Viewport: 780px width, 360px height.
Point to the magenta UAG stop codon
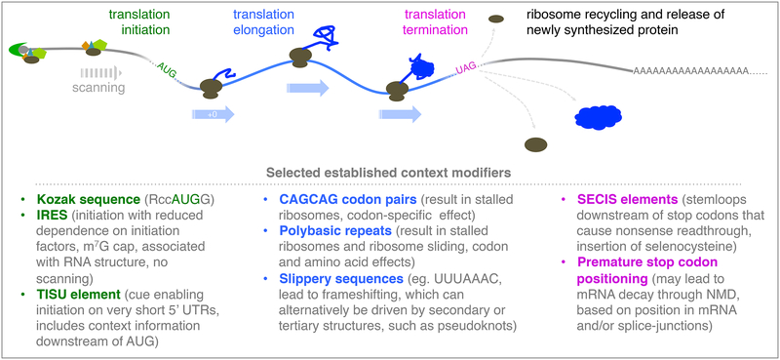(x=469, y=69)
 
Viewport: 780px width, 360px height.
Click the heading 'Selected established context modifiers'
(x=390, y=174)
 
